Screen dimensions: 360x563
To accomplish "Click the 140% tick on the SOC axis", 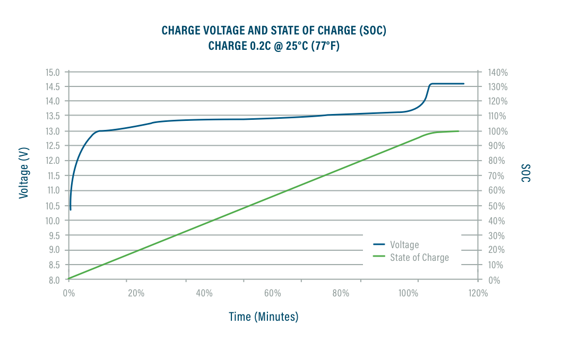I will point(497,72).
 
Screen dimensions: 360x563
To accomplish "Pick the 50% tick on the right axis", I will point(495,206).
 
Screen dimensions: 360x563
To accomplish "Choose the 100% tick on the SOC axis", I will point(497,131).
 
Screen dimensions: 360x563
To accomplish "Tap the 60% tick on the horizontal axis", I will point(272,293).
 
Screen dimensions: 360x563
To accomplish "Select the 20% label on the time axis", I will point(136,293).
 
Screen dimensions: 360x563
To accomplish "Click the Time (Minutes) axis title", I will point(263,317).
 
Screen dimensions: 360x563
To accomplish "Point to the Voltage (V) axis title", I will point(23,174).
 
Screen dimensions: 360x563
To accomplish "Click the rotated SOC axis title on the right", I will point(525,174).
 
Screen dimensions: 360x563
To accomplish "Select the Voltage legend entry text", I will point(404,245).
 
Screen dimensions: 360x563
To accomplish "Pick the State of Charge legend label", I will point(419,258).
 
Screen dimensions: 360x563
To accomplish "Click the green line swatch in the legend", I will point(379,257).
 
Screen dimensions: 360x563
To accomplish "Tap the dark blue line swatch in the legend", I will point(379,244).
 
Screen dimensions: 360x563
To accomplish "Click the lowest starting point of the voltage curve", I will point(71,209).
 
